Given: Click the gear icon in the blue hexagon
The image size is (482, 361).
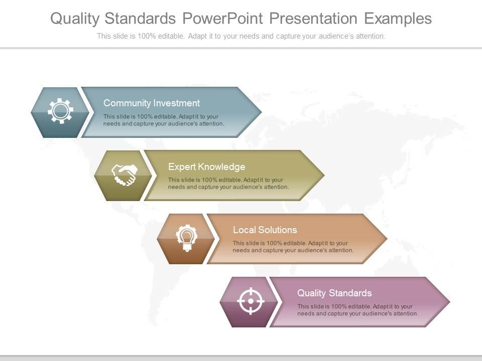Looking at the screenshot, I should [60, 111].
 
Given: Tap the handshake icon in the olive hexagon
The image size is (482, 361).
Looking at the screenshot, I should [124, 174].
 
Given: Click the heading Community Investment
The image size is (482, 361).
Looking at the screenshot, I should [151, 103].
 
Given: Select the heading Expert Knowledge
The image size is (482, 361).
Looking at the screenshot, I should [206, 167].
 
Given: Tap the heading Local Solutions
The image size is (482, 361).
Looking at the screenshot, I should [265, 230].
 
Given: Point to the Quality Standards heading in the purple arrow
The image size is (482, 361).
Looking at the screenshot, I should [334, 293].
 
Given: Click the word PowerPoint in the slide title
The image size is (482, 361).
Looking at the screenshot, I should [222, 19].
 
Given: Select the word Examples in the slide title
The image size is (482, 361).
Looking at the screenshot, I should [397, 19].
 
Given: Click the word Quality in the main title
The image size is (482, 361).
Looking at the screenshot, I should [77, 19].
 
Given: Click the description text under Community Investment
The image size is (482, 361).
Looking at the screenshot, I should [164, 120].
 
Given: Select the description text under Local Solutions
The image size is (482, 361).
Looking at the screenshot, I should [293, 247].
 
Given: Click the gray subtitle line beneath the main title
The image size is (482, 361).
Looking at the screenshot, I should [241, 36].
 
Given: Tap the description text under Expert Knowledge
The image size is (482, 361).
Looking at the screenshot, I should [228, 184].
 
